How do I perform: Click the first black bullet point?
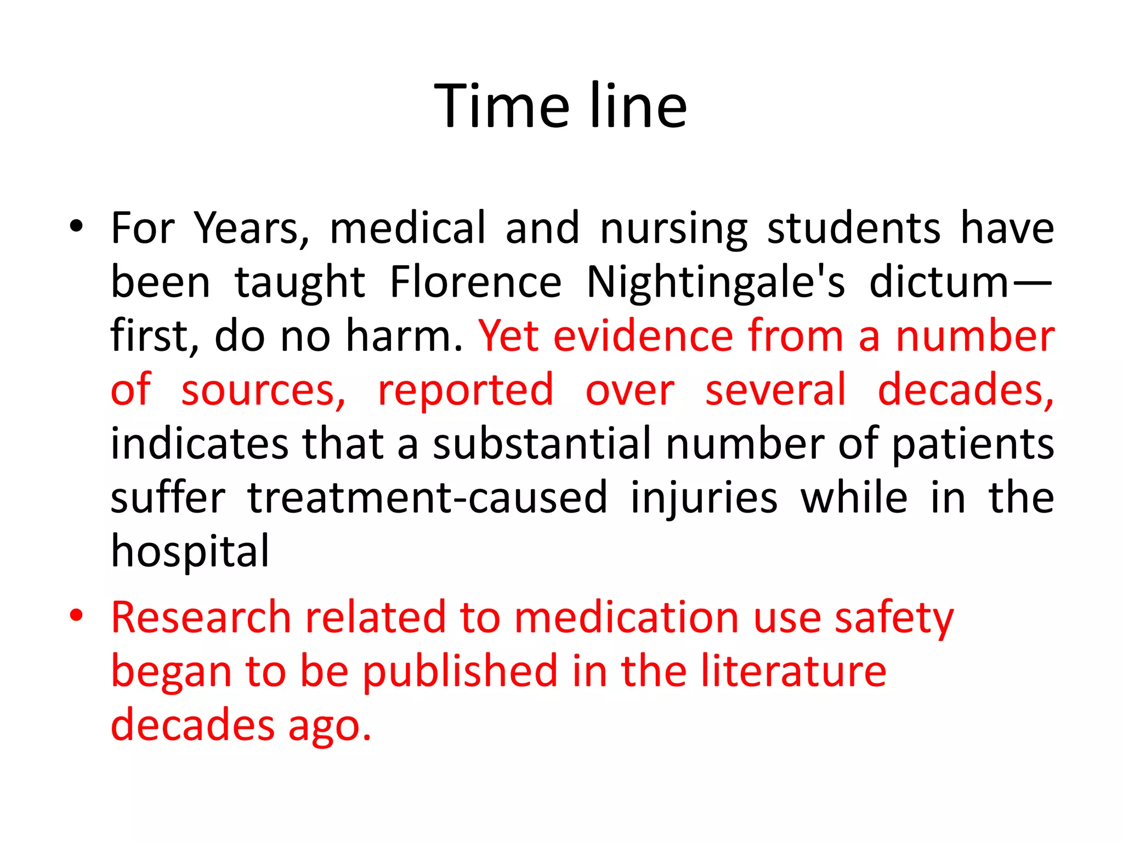pos(76,226)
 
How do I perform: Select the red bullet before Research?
pos(76,615)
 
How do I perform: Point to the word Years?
pos(252,228)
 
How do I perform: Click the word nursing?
pos(674,228)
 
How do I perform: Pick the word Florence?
pos(475,282)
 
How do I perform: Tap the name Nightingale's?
pos(716,282)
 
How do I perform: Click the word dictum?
pos(939,282)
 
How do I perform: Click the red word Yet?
pos(508,335)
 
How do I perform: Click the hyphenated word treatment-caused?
pos(427,497)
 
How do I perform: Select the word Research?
pos(201,617)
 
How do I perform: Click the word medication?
pos(626,617)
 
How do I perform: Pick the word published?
pos(460,671)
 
